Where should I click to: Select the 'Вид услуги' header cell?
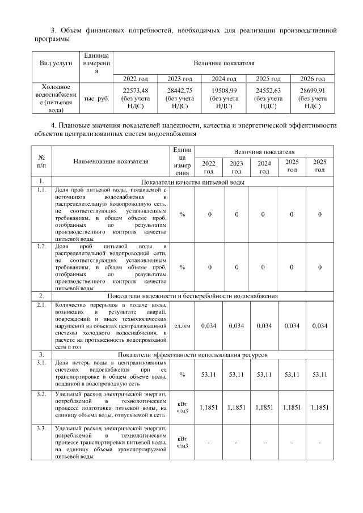(x=56, y=63)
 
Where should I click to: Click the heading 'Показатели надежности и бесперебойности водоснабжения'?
(x=193, y=296)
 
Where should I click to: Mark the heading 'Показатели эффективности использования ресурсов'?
(x=193, y=354)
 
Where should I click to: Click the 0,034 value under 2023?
(x=237, y=325)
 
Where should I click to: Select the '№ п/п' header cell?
(x=41, y=162)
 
